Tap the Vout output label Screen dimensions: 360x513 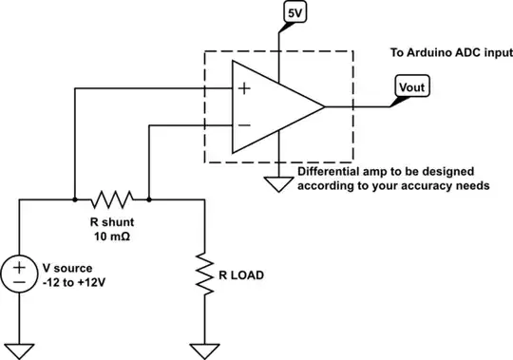[x=411, y=87]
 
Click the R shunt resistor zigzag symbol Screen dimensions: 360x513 [x=112, y=200]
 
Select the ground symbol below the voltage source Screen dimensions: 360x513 [x=19, y=347]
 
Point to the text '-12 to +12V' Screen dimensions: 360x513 [x=72, y=282]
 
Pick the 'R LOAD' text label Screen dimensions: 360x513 [x=240, y=276]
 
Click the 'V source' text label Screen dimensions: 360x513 [x=68, y=268]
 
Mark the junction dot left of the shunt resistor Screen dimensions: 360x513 [x=75, y=200]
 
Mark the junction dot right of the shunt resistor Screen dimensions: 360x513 [x=150, y=200]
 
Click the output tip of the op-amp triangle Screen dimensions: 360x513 [x=326, y=107]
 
